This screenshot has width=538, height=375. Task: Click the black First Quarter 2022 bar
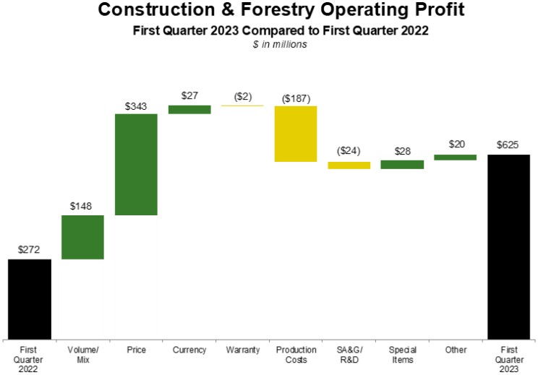(x=30, y=298)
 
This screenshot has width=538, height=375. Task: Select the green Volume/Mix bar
(x=82, y=237)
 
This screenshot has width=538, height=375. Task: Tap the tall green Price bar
(x=136, y=164)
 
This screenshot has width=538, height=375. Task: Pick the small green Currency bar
(x=189, y=109)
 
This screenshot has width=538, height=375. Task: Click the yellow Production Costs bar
(x=296, y=134)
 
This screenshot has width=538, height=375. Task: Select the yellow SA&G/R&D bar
(x=349, y=165)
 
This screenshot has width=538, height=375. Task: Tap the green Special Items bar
(x=402, y=165)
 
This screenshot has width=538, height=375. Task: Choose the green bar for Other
(x=456, y=157)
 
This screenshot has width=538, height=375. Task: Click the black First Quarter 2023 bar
(x=509, y=246)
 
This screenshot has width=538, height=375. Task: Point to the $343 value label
(x=136, y=106)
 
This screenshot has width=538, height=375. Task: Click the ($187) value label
(x=296, y=98)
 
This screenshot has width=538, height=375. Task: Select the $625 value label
(x=508, y=145)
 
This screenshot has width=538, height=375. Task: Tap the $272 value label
(x=30, y=250)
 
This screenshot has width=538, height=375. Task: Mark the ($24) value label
(x=349, y=152)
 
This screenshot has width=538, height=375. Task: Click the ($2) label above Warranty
(x=243, y=97)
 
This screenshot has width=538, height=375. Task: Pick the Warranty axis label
(x=243, y=350)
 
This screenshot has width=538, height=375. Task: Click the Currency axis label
(x=189, y=350)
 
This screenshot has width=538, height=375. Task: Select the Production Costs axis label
(x=296, y=354)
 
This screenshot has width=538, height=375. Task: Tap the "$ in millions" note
(x=269, y=45)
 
